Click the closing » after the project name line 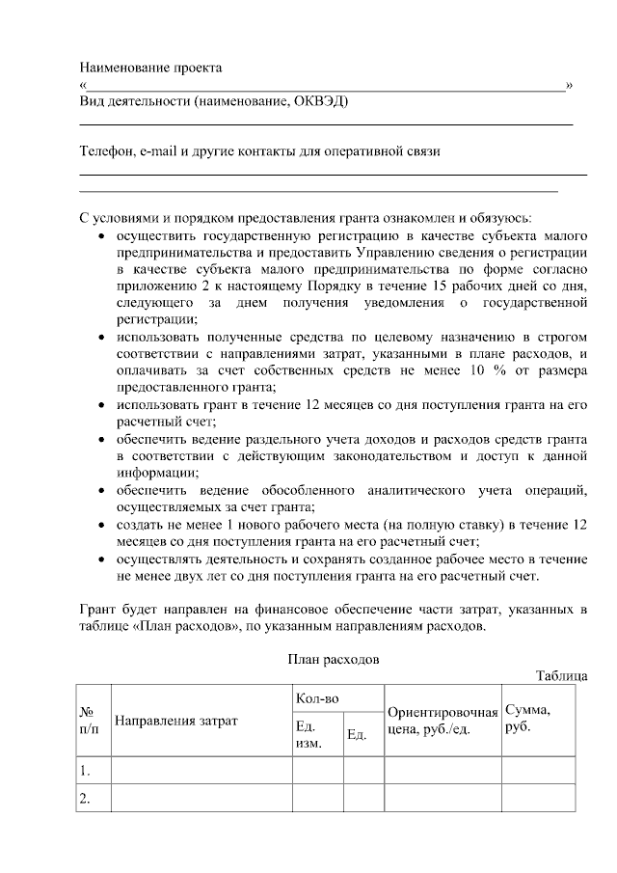(x=570, y=85)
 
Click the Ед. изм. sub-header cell (x=310, y=735)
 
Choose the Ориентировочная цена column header (x=442, y=720)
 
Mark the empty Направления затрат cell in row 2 (x=201, y=798)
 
